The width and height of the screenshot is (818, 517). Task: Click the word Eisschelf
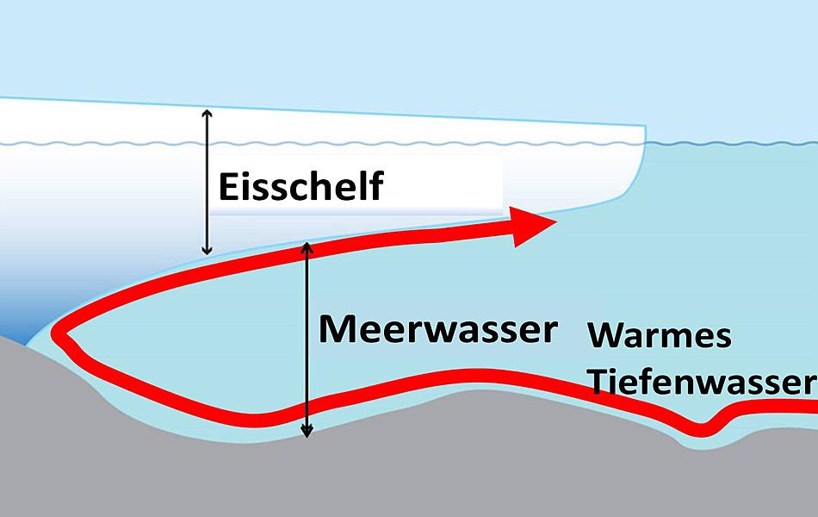click(x=300, y=186)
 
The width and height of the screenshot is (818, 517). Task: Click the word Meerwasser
click(x=437, y=328)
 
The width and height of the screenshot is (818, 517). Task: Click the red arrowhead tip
click(x=555, y=222)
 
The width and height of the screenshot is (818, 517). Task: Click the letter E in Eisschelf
click(x=228, y=186)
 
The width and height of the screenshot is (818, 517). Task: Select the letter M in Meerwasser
click(x=337, y=328)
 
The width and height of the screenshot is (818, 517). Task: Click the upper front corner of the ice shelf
click(x=644, y=128)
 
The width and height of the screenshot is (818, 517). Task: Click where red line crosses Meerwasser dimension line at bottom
click(x=307, y=402)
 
